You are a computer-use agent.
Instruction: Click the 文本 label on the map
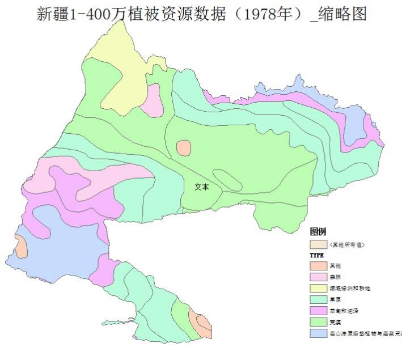tap(201, 187)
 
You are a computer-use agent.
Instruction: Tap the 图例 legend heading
tap(318, 232)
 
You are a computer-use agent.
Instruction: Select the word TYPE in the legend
tap(316, 256)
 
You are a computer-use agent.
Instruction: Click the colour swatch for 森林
tap(318, 277)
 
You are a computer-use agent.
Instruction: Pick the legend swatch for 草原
tap(318, 299)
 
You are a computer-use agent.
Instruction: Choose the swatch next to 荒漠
tap(318, 322)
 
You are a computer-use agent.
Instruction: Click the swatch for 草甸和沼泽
tap(318, 311)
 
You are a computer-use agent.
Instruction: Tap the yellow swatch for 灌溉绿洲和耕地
tap(318, 288)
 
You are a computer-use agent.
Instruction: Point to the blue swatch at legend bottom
tap(318, 333)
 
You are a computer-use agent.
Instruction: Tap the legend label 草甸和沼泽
tap(344, 311)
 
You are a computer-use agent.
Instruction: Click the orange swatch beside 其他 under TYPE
tap(318, 265)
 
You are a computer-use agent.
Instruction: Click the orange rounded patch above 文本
tap(184, 148)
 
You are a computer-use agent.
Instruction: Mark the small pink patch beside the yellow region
tap(153, 99)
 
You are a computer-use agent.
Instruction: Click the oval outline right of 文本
tap(230, 180)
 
